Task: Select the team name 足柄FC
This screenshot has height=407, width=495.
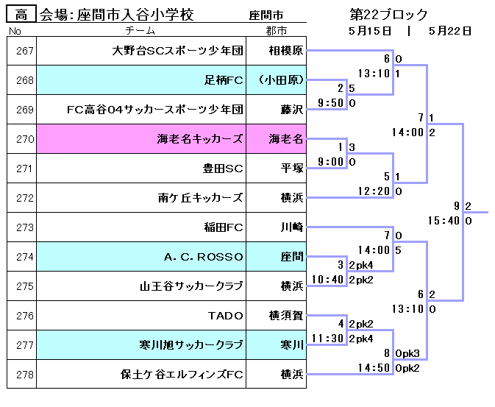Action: coord(224,80)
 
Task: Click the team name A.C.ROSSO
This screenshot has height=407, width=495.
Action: coord(204,257)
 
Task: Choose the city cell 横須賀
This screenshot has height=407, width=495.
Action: coord(286,316)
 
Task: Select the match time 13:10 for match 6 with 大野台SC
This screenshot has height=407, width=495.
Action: coord(374,74)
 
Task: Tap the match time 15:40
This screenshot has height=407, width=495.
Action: coord(444,220)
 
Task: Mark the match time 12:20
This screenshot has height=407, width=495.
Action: coord(374,191)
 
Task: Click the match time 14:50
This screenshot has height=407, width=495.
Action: coord(374,367)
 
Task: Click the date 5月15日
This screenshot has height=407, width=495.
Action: coord(370,31)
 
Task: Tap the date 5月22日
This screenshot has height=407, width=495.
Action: coord(450,31)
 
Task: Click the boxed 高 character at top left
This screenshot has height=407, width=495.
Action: coord(21,15)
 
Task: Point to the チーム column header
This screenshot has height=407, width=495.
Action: coord(140,31)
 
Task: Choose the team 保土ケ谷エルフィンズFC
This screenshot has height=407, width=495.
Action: coord(182,375)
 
